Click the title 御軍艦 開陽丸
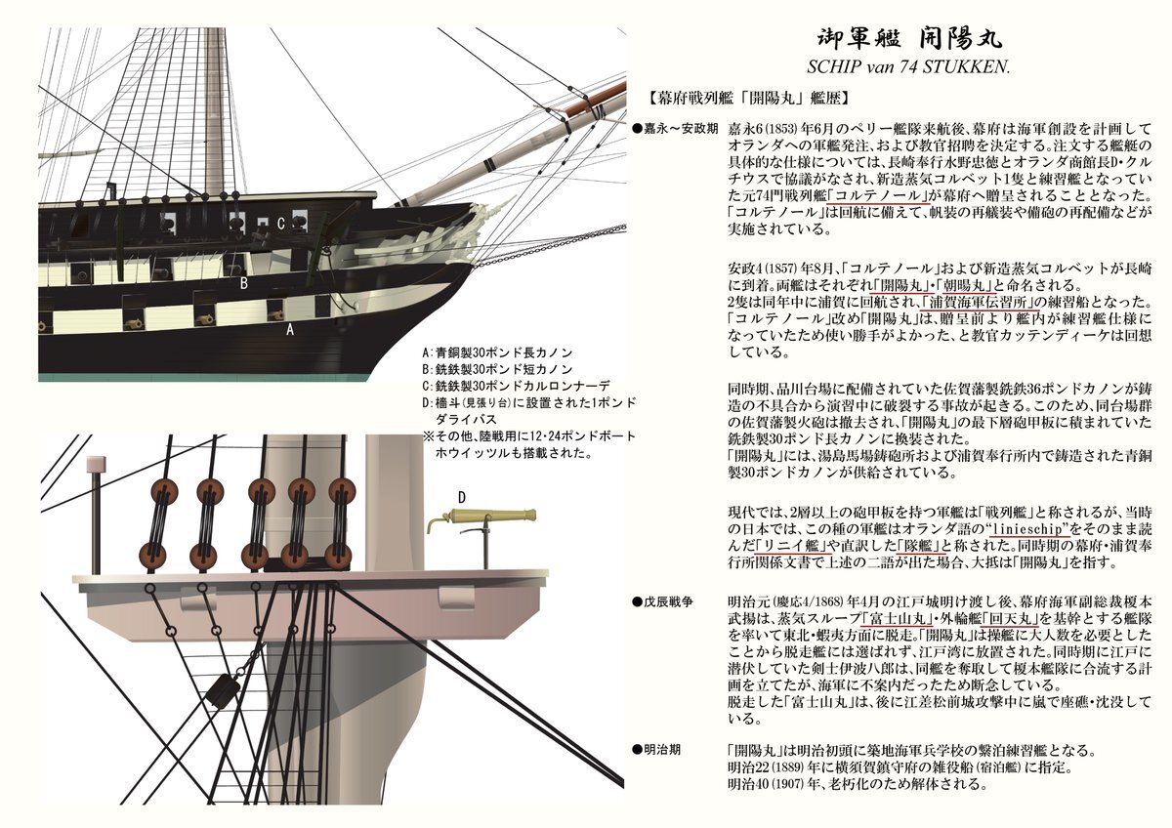point(909,40)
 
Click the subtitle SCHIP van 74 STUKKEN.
point(909,69)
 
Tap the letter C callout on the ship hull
point(280,224)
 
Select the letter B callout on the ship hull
point(244,284)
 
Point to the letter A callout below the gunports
point(289,330)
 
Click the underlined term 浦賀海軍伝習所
point(976,302)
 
